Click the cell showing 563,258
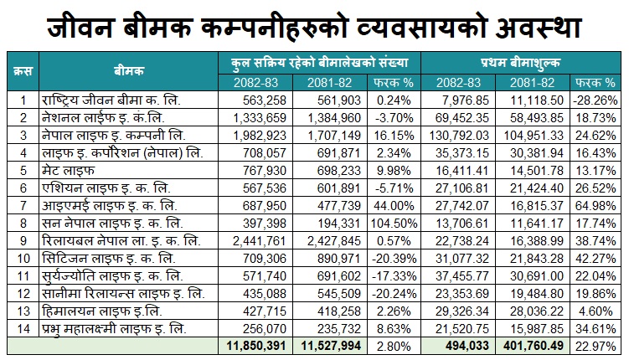(265, 100)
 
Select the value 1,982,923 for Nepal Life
(260, 136)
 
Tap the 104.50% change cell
(394, 224)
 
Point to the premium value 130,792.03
(459, 136)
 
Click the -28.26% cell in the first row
(595, 100)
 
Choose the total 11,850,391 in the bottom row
(256, 346)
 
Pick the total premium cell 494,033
(467, 346)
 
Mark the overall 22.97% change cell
(595, 346)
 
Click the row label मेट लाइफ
(68, 171)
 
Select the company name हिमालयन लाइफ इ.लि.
(102, 311)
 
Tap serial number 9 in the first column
(23, 241)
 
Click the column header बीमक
(128, 71)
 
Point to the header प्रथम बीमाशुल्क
(520, 63)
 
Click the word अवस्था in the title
(539, 28)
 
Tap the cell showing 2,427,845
(334, 241)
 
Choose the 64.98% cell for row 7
(595, 206)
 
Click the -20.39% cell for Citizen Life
(394, 259)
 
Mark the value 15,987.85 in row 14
(537, 329)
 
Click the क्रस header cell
(23, 71)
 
